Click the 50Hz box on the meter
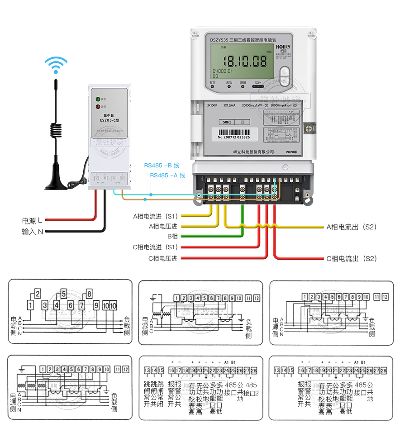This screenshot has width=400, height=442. click(227, 122)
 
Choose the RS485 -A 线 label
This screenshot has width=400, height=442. click(167, 175)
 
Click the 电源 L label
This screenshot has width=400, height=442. click(33, 221)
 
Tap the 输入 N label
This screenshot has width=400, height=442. click(33, 232)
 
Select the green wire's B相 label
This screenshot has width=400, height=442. click(172, 236)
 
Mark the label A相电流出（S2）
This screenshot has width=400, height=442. click(352, 227)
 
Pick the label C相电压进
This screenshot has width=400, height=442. click(162, 258)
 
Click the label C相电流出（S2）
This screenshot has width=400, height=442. click(352, 259)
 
